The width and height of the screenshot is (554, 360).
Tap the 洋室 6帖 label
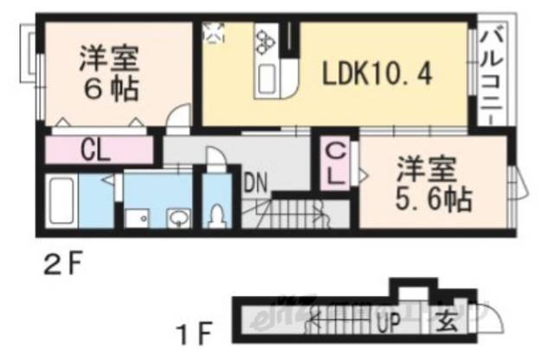click(109, 71)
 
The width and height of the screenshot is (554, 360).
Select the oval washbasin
click(179, 216)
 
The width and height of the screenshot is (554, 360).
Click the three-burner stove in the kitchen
click(264, 40)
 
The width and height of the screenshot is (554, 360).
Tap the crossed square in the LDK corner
click(214, 32)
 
